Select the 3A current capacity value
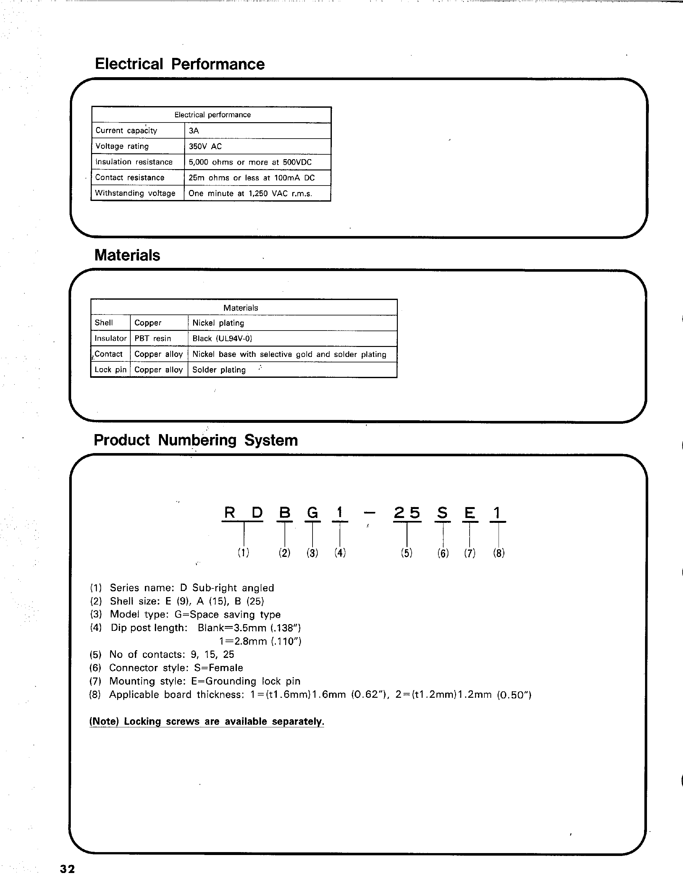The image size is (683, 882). pyautogui.click(x=194, y=131)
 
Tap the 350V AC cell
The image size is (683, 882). pyautogui.click(x=205, y=146)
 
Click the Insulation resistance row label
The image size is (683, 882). pyautogui.click(x=134, y=162)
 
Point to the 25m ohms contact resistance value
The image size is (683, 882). pyautogui.click(x=251, y=178)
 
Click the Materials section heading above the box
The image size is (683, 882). pyautogui.click(x=127, y=255)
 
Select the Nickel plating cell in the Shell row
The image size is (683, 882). pyautogui.click(x=218, y=323)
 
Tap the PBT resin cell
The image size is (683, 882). pyautogui.click(x=153, y=338)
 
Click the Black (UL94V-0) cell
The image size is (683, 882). pyautogui.click(x=222, y=338)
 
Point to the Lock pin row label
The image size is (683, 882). pyautogui.click(x=110, y=369)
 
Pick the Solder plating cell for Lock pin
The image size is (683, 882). pyautogui.click(x=219, y=370)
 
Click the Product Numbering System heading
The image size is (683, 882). pyautogui.click(x=196, y=440)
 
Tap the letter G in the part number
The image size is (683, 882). pyautogui.click(x=313, y=513)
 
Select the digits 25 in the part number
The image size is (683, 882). pyautogui.click(x=407, y=513)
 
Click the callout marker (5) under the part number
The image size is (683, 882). pyautogui.click(x=407, y=553)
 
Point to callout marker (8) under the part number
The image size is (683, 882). pyautogui.click(x=499, y=553)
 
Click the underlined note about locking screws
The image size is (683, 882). pyautogui.click(x=207, y=722)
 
